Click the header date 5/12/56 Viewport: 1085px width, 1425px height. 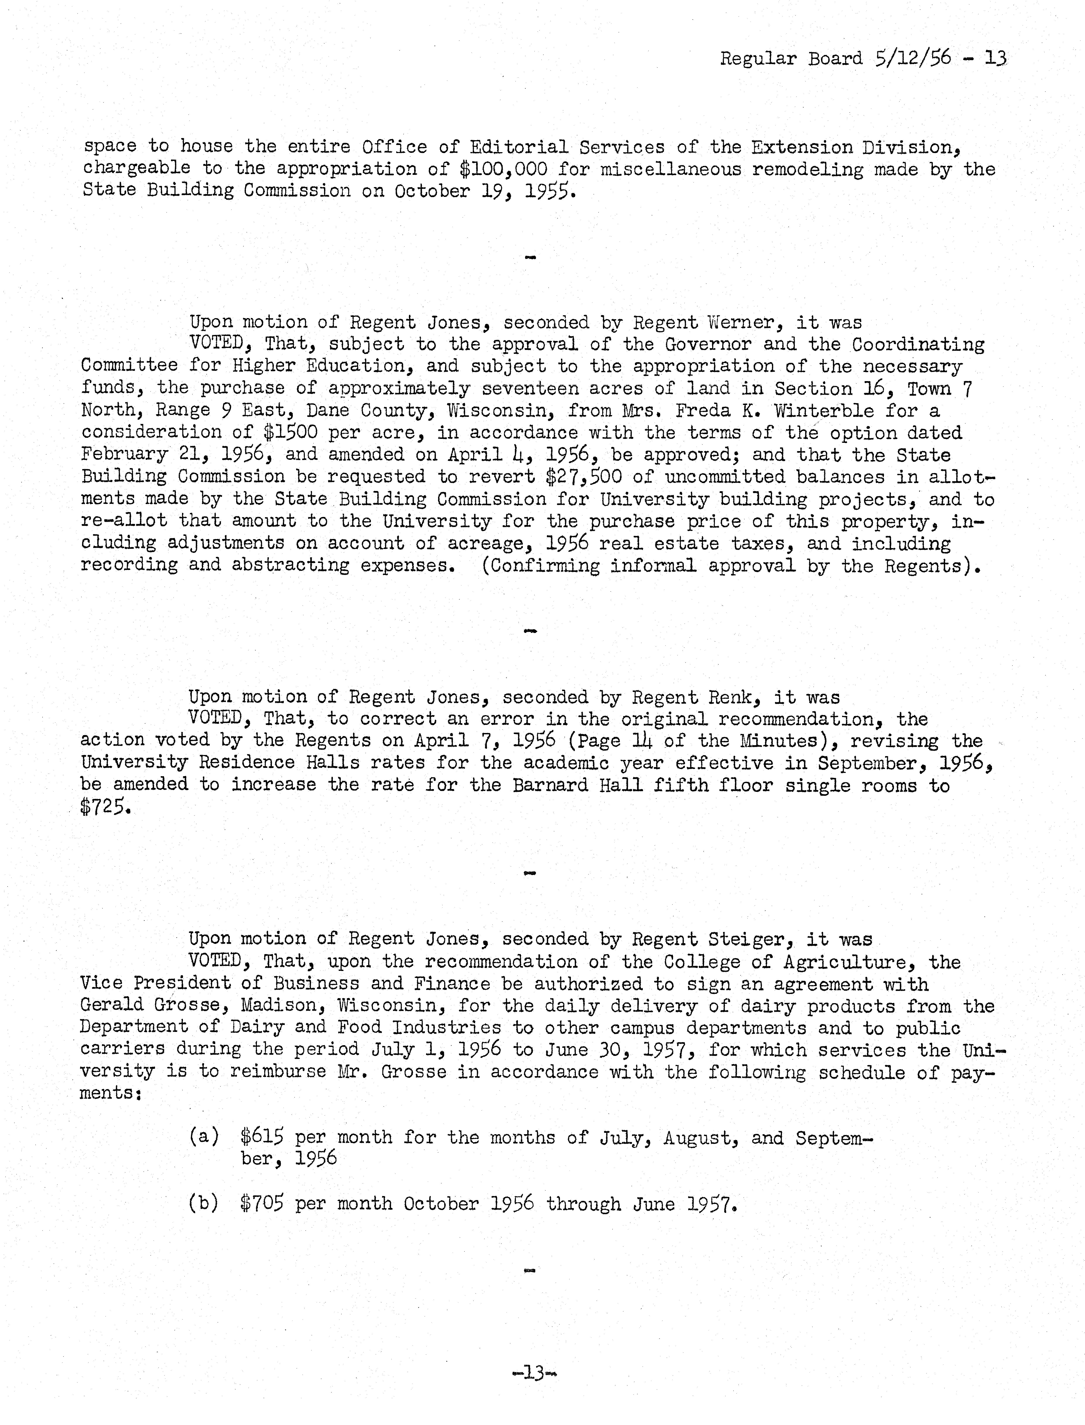click(x=913, y=58)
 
